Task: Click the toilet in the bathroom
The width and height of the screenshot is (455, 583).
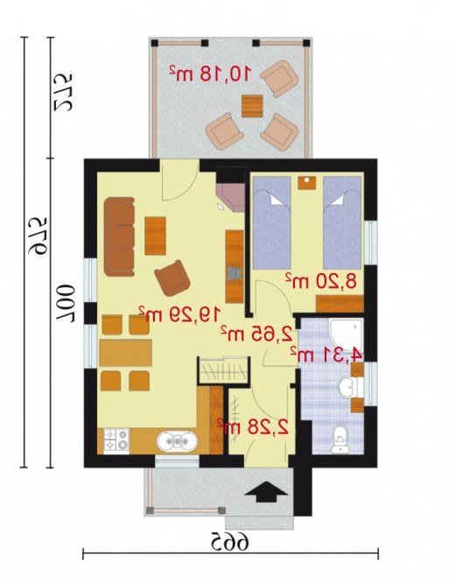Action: tap(339, 439)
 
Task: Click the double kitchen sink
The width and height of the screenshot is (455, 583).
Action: tap(177, 441)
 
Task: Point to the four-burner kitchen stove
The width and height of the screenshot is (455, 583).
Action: tap(116, 440)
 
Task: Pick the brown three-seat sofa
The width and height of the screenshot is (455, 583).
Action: tap(119, 237)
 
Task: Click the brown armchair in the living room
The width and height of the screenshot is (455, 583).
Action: tap(173, 277)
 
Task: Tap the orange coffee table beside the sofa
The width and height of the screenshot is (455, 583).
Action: tap(155, 236)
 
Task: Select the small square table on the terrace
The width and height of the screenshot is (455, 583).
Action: tap(252, 106)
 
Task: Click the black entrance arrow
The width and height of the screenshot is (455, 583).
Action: tap(266, 492)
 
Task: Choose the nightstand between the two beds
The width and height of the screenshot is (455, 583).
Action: tap(306, 183)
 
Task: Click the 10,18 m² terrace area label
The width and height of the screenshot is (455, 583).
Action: tap(209, 74)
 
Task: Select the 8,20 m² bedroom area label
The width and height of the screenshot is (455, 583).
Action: tap(321, 281)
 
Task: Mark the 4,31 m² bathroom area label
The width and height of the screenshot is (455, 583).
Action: tap(325, 355)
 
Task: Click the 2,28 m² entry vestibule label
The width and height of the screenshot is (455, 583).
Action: tap(253, 427)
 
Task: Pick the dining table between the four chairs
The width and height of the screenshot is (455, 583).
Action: tap(125, 353)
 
